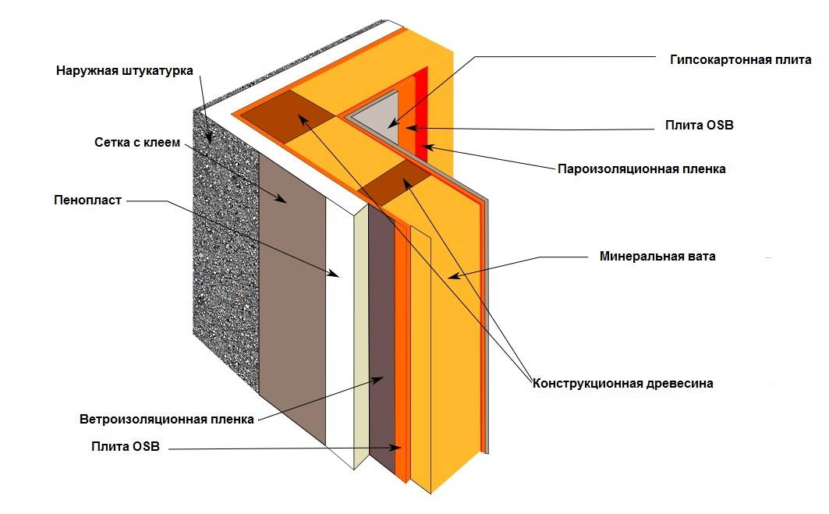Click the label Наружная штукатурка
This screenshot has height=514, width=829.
[x=124, y=71]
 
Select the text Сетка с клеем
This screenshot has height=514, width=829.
[x=137, y=143]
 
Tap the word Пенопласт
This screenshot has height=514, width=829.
[x=87, y=200]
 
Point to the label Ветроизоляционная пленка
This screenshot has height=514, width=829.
[x=167, y=419]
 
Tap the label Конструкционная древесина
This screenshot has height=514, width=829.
[x=623, y=383]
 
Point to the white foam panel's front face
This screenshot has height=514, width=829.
[x=338, y=328]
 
